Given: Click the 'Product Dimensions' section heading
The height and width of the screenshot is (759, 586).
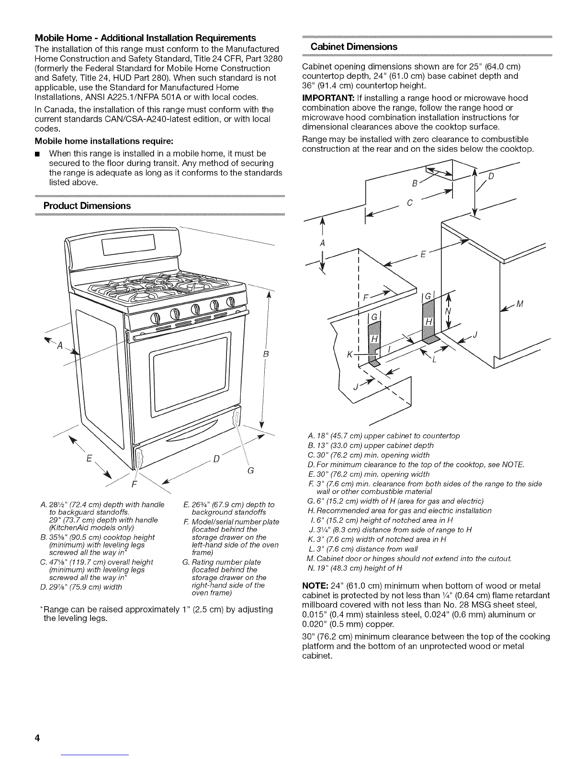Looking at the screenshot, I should (x=87, y=206).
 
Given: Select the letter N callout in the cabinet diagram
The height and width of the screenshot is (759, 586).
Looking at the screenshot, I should (x=448, y=310).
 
